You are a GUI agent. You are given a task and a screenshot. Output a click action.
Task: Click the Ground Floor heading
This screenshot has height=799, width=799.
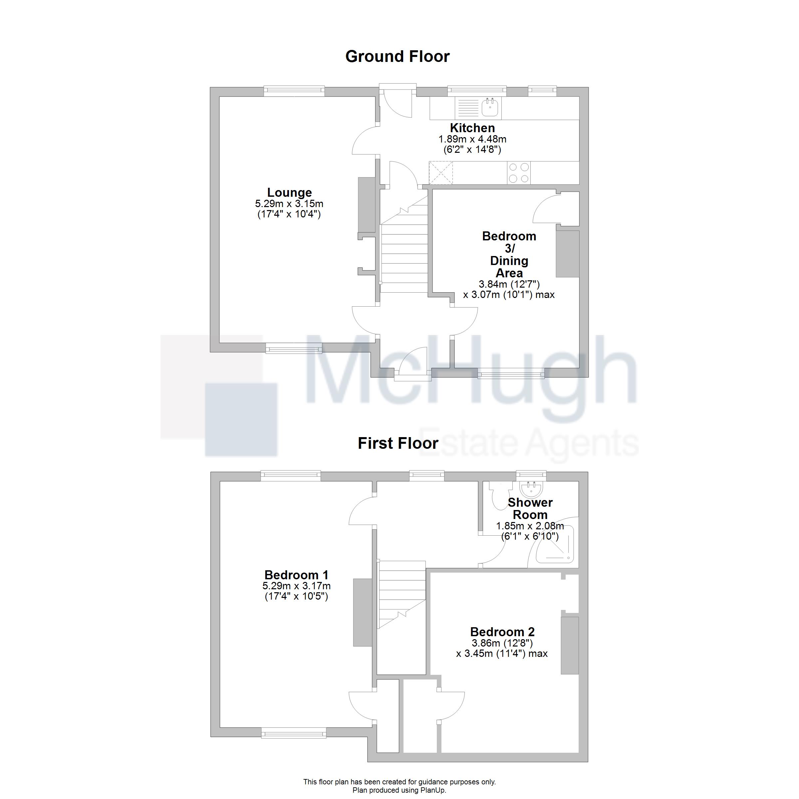pyautogui.click(x=398, y=57)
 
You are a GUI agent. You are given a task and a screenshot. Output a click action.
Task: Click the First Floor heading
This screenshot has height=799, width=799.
pyautogui.click(x=398, y=443)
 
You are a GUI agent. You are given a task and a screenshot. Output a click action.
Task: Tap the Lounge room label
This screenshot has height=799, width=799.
pyautogui.click(x=290, y=192)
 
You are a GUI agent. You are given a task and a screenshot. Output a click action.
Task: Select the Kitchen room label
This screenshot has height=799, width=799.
pyautogui.click(x=472, y=128)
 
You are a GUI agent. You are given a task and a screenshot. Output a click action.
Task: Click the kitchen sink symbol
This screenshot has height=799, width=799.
pyautogui.click(x=490, y=108)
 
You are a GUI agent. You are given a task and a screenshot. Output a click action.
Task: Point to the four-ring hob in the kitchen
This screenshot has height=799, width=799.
pyautogui.click(x=519, y=173)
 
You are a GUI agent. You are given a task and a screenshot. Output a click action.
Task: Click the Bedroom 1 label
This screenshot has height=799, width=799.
pyautogui.click(x=297, y=575)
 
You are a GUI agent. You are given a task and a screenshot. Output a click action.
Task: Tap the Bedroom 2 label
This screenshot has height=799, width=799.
pyautogui.click(x=502, y=632)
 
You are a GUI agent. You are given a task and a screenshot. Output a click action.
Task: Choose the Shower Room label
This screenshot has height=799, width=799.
pyautogui.click(x=530, y=508)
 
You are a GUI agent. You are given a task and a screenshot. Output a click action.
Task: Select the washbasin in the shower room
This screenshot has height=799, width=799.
pyautogui.click(x=531, y=489)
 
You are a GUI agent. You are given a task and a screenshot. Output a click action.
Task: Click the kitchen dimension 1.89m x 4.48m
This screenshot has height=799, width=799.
pyautogui.click(x=472, y=139)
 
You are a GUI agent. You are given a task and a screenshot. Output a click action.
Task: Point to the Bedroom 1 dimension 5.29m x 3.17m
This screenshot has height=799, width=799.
pyautogui.click(x=297, y=586)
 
